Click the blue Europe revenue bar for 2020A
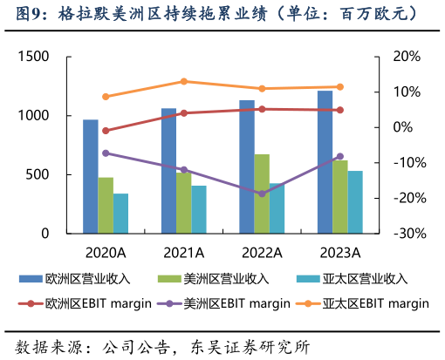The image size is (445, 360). pos(90,176)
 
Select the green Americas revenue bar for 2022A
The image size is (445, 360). pos(262,194)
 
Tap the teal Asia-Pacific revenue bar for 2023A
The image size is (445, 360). pos(355,202)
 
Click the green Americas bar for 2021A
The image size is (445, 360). pos(183,203)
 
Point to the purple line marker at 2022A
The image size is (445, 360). pos(262,194)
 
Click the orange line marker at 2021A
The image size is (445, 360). pos(183,82)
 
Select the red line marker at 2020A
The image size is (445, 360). pos(106,131)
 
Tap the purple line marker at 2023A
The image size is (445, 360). pos(340,156)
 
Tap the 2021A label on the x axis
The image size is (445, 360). pos(183,253)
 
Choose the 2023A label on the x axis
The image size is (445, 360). pos(339,253)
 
